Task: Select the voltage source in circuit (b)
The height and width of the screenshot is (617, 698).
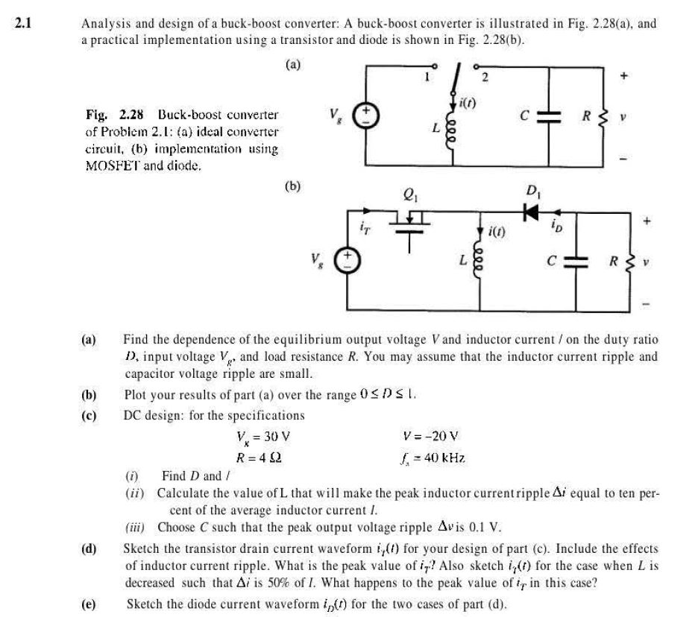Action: pos(349,262)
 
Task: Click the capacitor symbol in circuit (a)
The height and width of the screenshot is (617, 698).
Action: pos(549,118)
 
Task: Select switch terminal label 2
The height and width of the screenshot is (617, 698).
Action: pos(484,77)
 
